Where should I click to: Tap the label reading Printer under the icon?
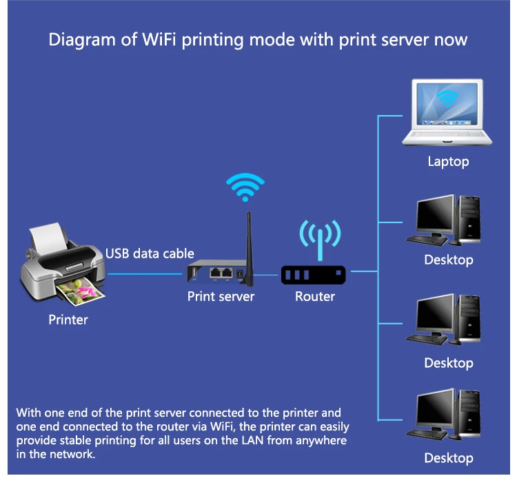(x=68, y=320)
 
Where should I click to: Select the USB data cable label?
(x=150, y=253)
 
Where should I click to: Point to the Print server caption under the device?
(x=221, y=296)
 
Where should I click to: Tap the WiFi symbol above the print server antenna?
(x=245, y=186)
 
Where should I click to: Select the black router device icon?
(x=313, y=275)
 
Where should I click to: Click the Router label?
(x=315, y=297)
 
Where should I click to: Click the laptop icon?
(x=447, y=113)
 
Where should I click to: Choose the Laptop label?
(x=448, y=162)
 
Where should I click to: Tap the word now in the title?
(x=451, y=39)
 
